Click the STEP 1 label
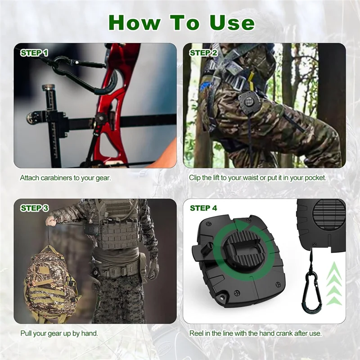tap(34, 53)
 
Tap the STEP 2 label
tap(203, 53)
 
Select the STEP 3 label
tap(35, 208)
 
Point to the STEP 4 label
tap(203, 208)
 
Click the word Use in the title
tap(232, 22)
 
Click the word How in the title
tap(134, 22)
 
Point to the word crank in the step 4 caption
tap(283, 333)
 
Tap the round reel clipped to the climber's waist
tap(248, 102)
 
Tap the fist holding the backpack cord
tap(51, 221)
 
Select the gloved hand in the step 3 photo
tap(153, 268)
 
